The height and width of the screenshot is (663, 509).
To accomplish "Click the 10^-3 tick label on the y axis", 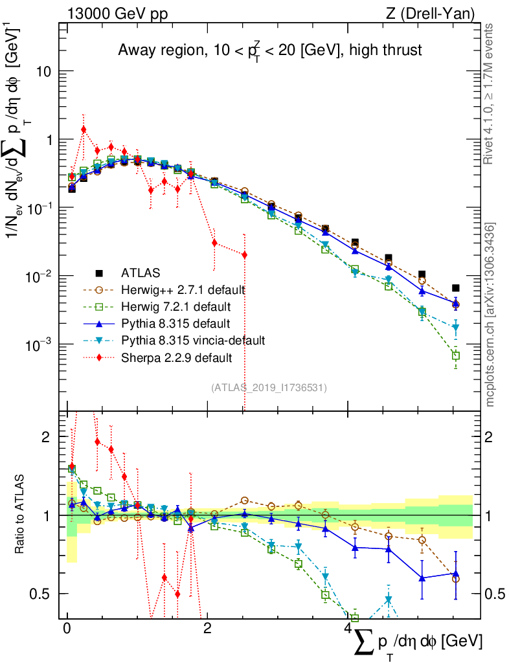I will (38, 344).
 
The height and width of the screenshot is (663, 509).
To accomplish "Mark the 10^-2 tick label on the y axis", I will (38, 276).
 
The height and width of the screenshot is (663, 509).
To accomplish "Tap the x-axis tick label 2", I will (207, 629).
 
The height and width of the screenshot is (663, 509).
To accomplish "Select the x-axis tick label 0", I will (67, 629).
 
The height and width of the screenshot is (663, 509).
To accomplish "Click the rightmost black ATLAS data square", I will (456, 288).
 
